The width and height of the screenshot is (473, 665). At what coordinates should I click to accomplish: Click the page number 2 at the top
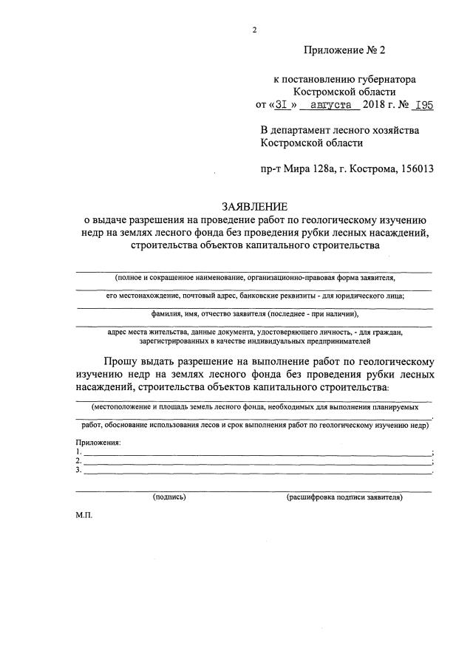[254, 30]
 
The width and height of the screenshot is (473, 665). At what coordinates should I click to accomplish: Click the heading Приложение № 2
[344, 50]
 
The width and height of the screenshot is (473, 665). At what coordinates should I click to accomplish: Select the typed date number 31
[282, 105]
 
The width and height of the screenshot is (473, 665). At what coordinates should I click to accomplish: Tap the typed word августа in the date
[333, 105]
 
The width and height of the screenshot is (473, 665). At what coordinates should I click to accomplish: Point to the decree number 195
[423, 105]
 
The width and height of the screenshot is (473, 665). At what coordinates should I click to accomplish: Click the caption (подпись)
[169, 498]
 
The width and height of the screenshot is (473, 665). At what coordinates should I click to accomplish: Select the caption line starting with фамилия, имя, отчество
[249, 314]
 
